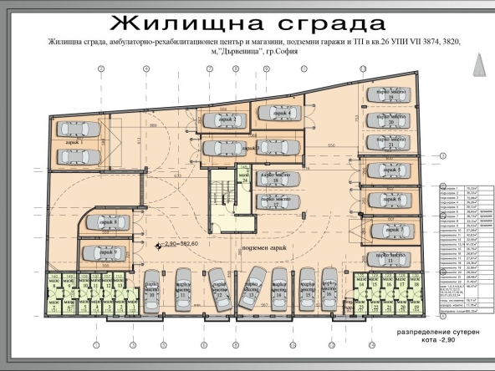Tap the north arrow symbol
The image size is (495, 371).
[479, 63]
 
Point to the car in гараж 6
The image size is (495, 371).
[390, 201]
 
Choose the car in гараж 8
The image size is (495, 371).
[105, 223]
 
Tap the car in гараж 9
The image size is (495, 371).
[105, 253]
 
